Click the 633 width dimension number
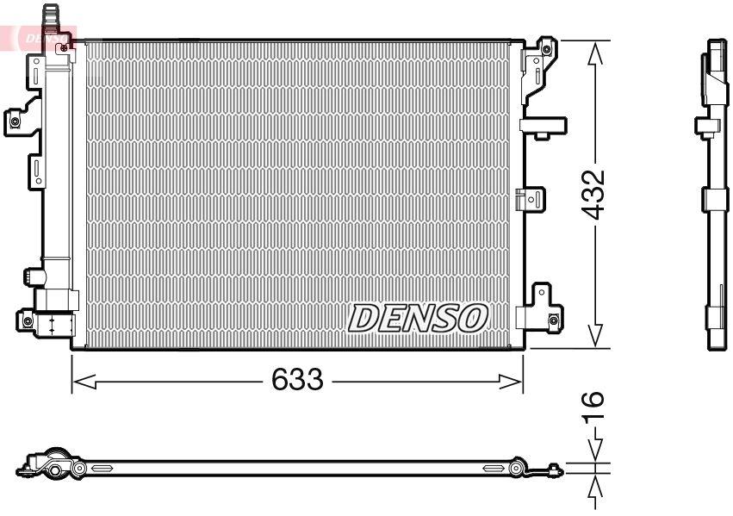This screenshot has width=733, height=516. (297, 379)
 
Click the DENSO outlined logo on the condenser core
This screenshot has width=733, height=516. (418, 318)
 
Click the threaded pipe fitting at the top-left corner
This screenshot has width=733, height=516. (53, 16)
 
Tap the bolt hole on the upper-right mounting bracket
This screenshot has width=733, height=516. (546, 48)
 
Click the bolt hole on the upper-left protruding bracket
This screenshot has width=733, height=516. (15, 121)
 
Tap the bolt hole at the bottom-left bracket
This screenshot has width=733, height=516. (27, 321)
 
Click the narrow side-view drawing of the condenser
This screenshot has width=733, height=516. (715, 194)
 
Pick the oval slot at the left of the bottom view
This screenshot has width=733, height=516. (102, 469)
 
